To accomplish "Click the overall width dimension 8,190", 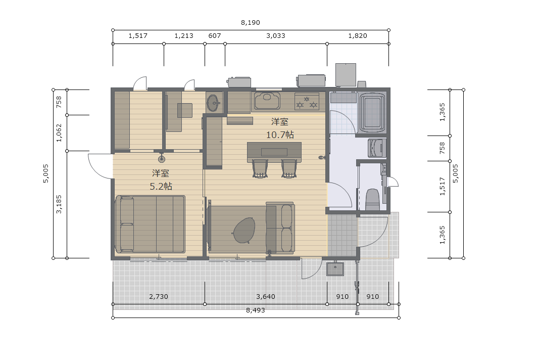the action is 251,23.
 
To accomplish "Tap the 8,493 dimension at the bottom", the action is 256,310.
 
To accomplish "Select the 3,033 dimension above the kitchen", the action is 276,36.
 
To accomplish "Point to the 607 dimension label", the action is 215,36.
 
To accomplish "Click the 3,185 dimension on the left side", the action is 59,204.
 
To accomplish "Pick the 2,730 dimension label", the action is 159,296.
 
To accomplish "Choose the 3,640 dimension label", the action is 266,296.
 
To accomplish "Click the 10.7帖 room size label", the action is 280,134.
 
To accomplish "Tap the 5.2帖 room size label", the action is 161,186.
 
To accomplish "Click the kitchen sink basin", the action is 267,101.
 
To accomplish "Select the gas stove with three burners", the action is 307,101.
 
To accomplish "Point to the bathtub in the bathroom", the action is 372,113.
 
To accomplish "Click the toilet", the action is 372,199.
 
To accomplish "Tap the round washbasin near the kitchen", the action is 214,102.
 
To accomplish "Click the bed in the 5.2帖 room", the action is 150,224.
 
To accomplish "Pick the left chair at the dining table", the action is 260,169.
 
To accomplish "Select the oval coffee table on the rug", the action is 244,230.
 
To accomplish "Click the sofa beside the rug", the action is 280,228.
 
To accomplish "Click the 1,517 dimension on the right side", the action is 443,187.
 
